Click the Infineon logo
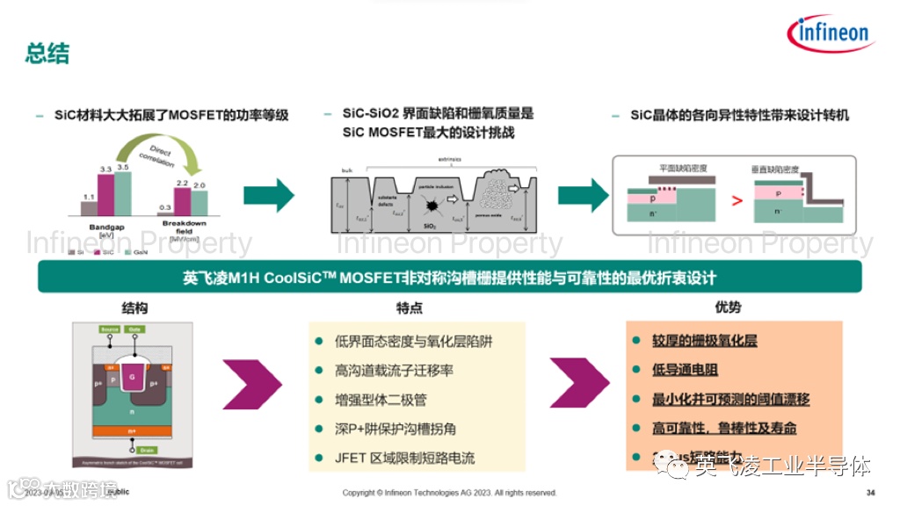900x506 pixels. coord(831,34)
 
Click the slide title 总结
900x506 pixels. coord(47,53)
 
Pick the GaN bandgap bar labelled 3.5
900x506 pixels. coord(123,192)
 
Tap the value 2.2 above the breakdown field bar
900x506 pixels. coord(182,184)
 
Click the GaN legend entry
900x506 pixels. coord(137,251)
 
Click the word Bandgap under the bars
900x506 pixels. coord(106,228)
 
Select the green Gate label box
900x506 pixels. coord(135,329)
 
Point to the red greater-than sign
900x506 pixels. coord(737,200)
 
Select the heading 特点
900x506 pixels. coord(410,308)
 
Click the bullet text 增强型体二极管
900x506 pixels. coord(381,400)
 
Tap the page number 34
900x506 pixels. coord(870,492)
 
